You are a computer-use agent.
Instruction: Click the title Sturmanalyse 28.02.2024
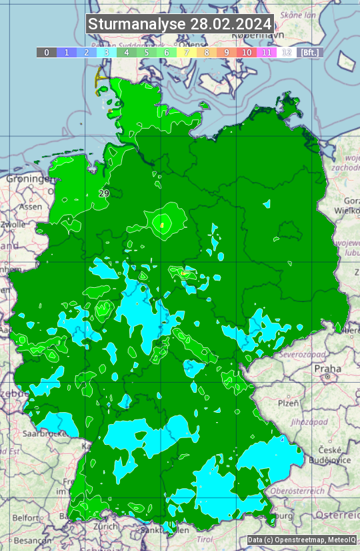coord(180,24)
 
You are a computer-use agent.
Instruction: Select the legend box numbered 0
coord(47,52)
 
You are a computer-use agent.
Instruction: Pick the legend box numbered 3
coord(107,52)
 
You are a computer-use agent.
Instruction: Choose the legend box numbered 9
coord(227,52)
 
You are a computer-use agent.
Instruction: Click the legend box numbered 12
coord(287,52)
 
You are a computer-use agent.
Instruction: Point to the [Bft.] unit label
coord(310,52)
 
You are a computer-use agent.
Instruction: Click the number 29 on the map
coord(103,193)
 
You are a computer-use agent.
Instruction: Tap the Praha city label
coord(328,368)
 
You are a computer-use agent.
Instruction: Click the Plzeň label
coord(288,403)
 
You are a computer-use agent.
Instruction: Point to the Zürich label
coord(105,526)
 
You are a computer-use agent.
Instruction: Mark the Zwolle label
coord(13,224)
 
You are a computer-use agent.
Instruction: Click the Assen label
coord(31,207)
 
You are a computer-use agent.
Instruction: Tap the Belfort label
coord(25,518)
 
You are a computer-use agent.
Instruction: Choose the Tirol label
coord(205,538)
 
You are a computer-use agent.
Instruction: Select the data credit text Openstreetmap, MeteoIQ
coord(301,540)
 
